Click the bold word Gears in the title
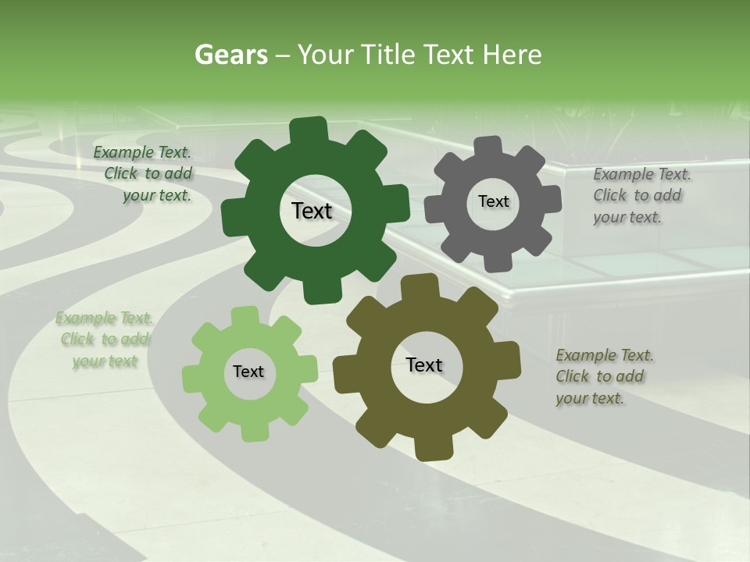point(230,55)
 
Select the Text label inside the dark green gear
point(312,211)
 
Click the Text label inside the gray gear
point(493,201)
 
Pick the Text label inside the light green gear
point(248,372)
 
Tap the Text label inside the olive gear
point(424,365)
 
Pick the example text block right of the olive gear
point(603,377)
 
